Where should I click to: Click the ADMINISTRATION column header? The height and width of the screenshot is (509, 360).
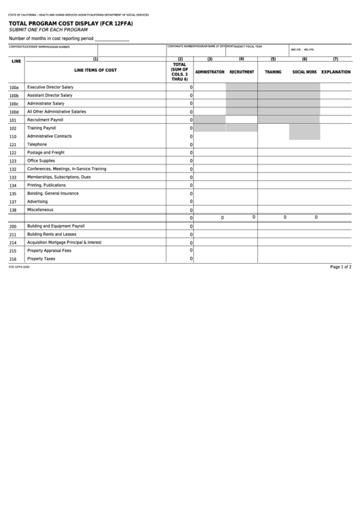(x=210, y=71)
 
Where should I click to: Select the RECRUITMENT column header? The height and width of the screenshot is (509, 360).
(x=242, y=71)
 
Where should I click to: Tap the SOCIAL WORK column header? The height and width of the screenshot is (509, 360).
(x=304, y=71)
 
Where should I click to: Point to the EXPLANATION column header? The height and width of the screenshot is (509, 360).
(x=336, y=71)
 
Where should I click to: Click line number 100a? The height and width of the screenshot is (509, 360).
(x=14, y=88)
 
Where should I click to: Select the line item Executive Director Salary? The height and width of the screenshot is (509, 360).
(x=50, y=87)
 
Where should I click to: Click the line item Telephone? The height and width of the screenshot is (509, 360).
(x=37, y=144)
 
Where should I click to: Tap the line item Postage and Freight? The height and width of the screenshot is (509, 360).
(x=46, y=152)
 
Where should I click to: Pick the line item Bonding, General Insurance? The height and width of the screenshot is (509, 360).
(x=53, y=193)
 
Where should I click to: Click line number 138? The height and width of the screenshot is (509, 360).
(x=13, y=210)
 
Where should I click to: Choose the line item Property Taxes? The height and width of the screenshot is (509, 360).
(x=41, y=258)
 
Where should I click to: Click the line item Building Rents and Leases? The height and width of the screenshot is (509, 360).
(x=52, y=234)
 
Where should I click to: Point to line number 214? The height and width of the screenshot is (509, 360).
(x=13, y=243)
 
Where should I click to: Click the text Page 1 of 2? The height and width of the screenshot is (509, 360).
(x=340, y=267)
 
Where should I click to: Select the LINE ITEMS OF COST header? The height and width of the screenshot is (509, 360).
(x=95, y=70)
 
